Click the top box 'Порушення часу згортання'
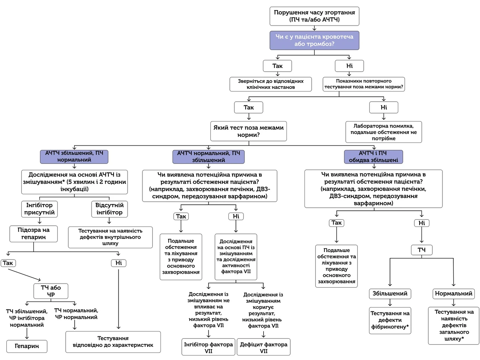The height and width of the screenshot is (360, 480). pos(314,16)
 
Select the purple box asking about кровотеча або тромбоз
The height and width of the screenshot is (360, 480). pos(314,40)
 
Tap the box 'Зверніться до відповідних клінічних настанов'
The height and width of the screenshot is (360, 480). pos(270,84)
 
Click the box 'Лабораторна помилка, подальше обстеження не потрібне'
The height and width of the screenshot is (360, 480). pos(384,132)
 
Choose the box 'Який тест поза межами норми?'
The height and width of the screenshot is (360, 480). pos(248,131)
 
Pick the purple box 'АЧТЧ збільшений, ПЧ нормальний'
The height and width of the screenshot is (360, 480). pos(74,156)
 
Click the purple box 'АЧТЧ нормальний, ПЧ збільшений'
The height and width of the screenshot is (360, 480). pos(208,156)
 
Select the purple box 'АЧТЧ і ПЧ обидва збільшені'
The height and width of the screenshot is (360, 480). pos(373,156)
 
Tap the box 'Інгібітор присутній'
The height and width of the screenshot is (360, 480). pos(39,209)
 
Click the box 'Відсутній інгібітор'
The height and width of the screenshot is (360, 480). pos(109,209)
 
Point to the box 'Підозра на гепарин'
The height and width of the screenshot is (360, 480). pos(33,234)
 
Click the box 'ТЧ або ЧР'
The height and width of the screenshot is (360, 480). pos(51,291)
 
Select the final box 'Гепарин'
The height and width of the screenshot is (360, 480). pos(27,346)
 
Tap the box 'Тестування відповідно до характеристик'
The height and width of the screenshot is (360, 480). pos(113,342)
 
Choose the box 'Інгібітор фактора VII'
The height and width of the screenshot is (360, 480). pos(208,347)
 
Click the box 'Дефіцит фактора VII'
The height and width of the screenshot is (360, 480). pos(264,347)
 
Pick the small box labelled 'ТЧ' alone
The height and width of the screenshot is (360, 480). pos(421,250)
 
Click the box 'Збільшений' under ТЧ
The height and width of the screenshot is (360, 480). pos(390,294)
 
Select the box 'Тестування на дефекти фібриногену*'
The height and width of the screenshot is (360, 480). pos(390,320)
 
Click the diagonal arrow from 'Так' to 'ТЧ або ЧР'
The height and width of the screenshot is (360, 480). pos(24,275)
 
